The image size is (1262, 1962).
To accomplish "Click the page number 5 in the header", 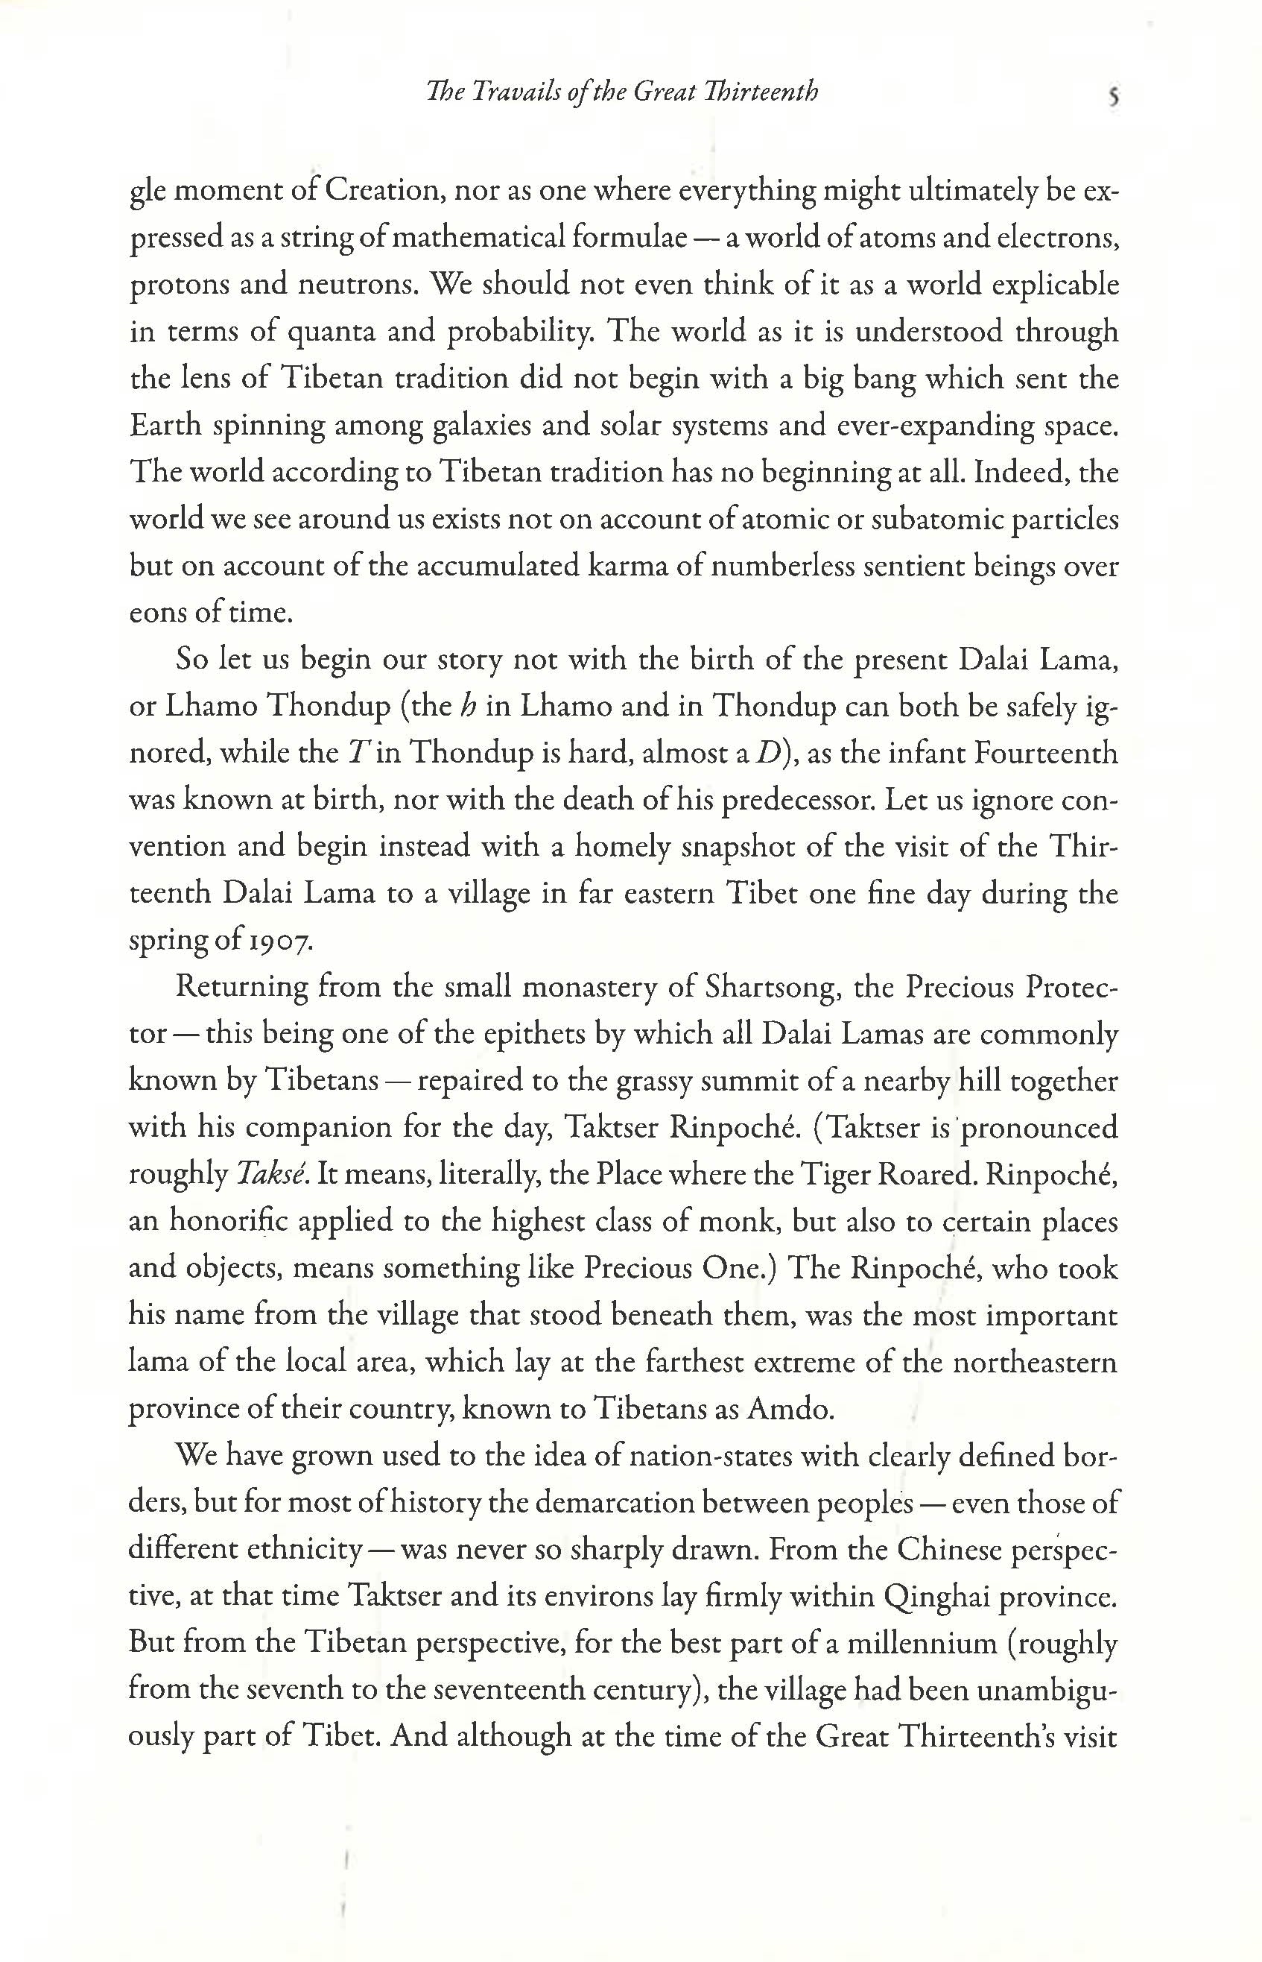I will (1113, 97).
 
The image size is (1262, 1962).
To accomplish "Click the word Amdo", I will (791, 1409).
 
